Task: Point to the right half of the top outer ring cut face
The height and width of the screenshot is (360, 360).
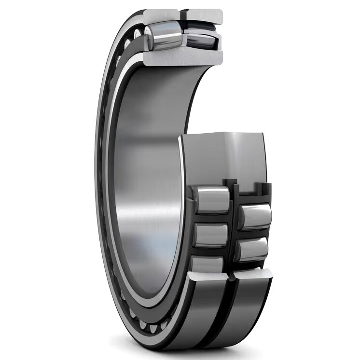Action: (x=205, y=16)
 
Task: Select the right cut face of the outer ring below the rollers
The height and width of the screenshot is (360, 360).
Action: (x=253, y=275)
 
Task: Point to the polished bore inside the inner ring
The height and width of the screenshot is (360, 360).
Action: (x=145, y=183)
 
